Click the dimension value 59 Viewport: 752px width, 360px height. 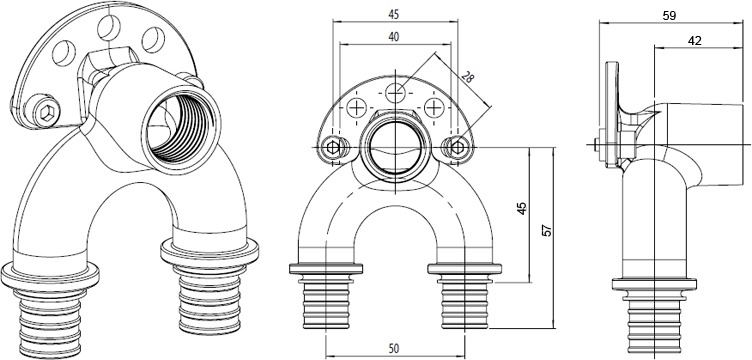point(670,15)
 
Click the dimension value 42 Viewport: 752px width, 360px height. point(694,41)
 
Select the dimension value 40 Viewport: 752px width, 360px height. point(394,37)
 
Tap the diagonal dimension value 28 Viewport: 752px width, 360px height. point(467,77)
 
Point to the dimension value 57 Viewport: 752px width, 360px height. point(548,231)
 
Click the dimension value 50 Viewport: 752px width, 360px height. point(394,348)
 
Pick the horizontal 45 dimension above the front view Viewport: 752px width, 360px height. point(394,15)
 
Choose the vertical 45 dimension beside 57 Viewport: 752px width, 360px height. point(521,208)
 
